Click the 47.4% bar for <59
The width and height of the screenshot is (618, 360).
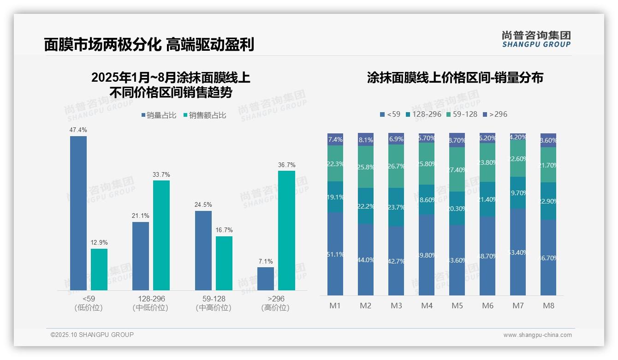click(x=78, y=213)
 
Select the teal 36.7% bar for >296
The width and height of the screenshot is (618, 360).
click(x=286, y=230)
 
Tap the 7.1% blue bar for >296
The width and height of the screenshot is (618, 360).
click(x=266, y=279)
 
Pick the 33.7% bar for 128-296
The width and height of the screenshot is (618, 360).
click(x=161, y=235)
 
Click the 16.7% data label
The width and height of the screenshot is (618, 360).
click(x=224, y=230)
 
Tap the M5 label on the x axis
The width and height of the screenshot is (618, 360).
click(x=457, y=306)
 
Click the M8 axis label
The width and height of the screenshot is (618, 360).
click(x=548, y=306)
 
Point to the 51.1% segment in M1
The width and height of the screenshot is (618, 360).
click(x=335, y=254)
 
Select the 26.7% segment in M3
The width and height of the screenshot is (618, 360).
click(x=396, y=166)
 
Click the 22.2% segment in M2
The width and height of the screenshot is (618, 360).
click(x=366, y=206)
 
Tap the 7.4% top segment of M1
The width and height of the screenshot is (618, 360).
click(x=335, y=139)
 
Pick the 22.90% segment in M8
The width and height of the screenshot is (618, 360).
click(x=548, y=201)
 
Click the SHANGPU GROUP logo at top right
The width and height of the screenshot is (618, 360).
click(x=536, y=39)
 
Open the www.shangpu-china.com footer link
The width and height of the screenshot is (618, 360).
click(x=537, y=335)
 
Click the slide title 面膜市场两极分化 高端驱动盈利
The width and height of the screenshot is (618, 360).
click(x=149, y=45)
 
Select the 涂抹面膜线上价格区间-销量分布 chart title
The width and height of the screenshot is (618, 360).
click(x=455, y=78)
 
